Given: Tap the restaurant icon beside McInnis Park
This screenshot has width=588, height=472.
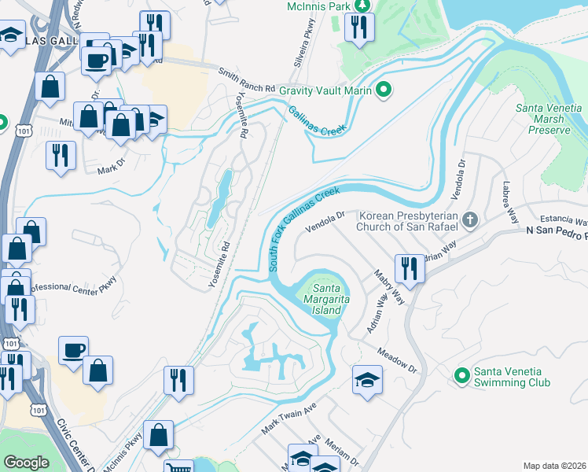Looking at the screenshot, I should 359,27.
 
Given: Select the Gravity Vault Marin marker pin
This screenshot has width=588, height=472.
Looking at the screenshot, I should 384,90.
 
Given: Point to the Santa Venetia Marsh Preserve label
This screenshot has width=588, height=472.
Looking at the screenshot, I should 549,119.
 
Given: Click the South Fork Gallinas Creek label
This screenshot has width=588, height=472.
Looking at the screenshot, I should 305,229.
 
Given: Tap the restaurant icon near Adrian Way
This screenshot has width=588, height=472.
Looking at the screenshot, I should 410,267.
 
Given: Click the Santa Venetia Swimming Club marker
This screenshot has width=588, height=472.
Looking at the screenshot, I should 461,377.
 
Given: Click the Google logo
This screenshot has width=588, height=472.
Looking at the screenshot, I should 26,463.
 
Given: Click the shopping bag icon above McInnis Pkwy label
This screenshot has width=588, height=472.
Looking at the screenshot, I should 158,434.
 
